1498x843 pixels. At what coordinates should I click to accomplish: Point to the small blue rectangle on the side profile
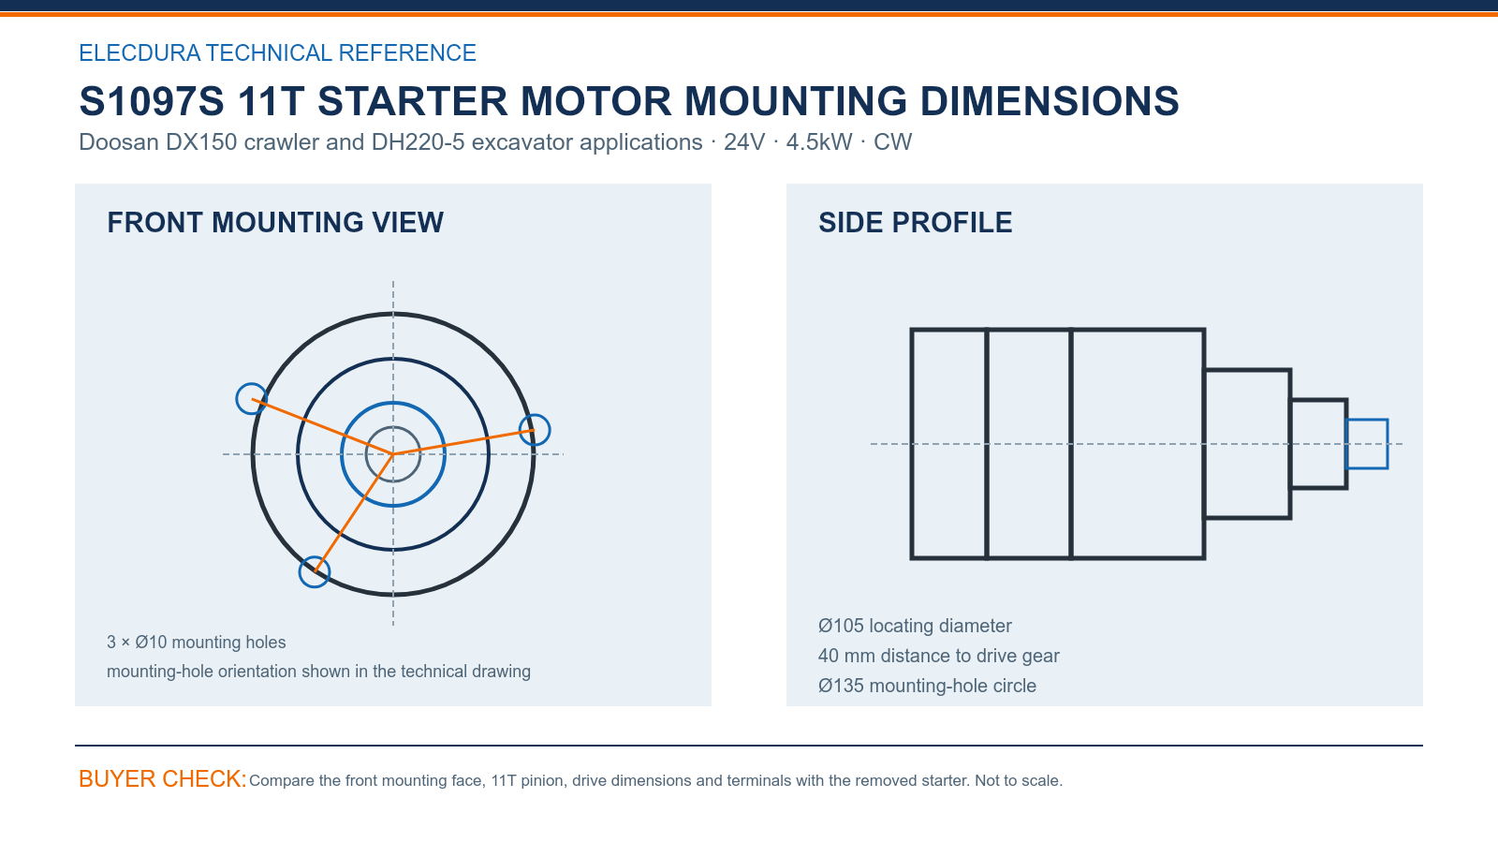pyautogui.click(x=1367, y=421)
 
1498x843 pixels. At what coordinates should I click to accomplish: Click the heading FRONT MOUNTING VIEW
pyautogui.click(x=275, y=223)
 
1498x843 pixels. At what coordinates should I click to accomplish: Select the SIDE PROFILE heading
pyautogui.click(x=915, y=223)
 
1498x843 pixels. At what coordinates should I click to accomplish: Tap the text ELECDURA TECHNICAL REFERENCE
pyautogui.click(x=277, y=52)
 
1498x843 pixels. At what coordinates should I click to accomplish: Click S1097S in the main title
pyautogui.click(x=152, y=101)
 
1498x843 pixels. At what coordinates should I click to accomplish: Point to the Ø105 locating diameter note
pyautogui.click(x=914, y=626)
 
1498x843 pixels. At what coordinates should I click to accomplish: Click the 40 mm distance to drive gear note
pyautogui.click(x=938, y=656)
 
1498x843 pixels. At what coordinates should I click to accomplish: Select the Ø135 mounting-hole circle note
pyautogui.click(x=927, y=686)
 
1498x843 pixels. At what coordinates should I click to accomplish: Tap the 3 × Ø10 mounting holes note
pyautogui.click(x=196, y=643)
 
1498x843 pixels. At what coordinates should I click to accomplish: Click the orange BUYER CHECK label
pyautogui.click(x=163, y=778)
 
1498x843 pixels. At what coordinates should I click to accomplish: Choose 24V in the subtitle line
pyautogui.click(x=743, y=141)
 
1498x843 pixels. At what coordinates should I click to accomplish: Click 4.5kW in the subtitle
pyautogui.click(x=819, y=141)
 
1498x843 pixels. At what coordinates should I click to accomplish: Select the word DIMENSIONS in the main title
pyautogui.click(x=1050, y=101)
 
